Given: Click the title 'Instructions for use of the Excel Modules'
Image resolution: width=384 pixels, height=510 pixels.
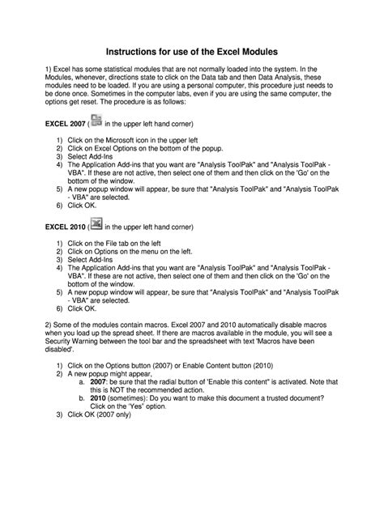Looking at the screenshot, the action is (x=191, y=49).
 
